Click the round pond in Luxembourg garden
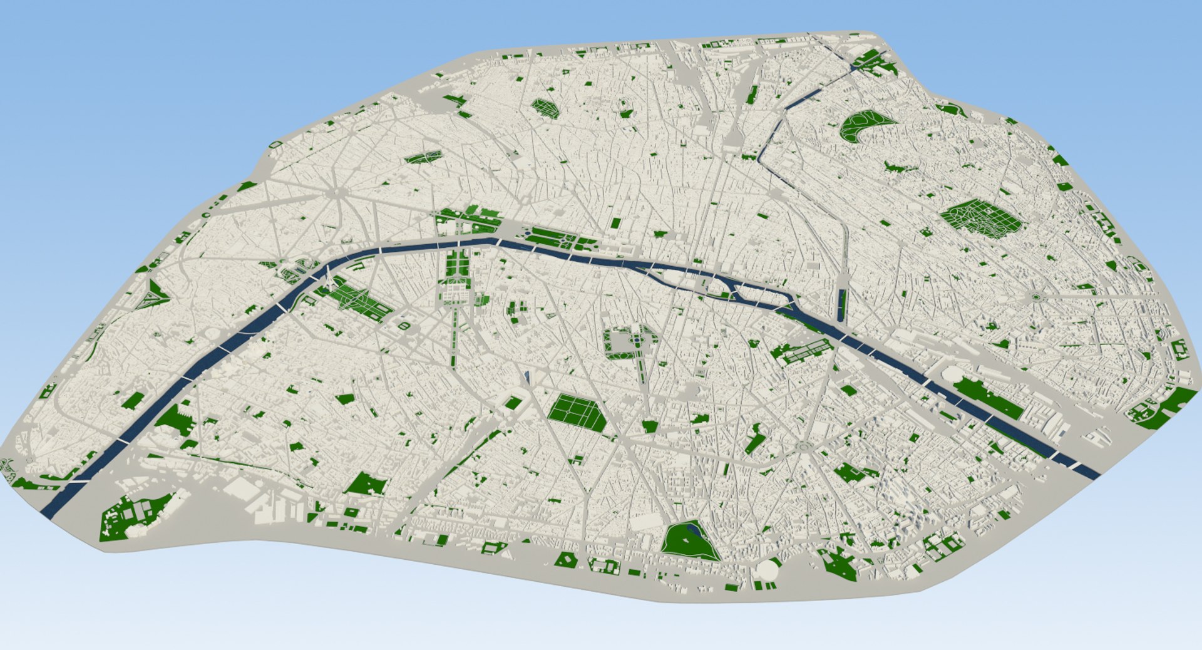click(x=637, y=341)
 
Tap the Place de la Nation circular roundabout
click(x=1036, y=297)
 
